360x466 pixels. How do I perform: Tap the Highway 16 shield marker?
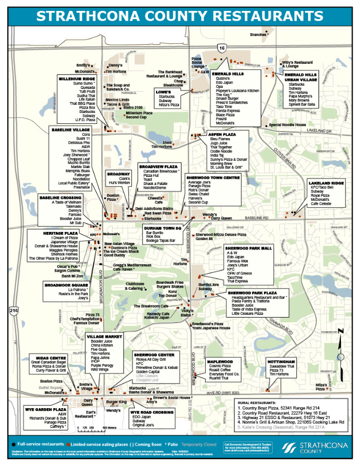[x=221, y=49]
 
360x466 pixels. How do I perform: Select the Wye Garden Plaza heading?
[x=46, y=409]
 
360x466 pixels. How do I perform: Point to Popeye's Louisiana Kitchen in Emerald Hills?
[x=237, y=91]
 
